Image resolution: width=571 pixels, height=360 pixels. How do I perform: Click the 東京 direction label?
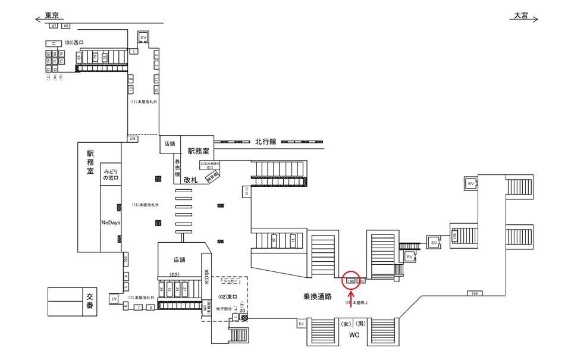(51, 17)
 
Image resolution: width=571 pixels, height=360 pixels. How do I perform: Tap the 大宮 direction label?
(520, 16)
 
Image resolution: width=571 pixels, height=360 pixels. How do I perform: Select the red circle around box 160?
(351, 280)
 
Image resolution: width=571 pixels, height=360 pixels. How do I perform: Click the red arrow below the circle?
(351, 295)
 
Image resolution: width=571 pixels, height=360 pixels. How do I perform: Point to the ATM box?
(133, 139)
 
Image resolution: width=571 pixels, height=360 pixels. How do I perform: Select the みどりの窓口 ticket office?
(111, 174)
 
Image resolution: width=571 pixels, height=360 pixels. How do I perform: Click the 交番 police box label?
(90, 302)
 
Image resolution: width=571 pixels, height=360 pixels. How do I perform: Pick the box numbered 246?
(474, 293)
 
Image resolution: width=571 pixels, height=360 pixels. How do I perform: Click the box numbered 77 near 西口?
(54, 43)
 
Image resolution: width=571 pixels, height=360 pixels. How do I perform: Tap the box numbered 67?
(54, 26)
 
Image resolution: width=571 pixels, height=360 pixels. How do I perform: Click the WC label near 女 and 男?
(354, 335)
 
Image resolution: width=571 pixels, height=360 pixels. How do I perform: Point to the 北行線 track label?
(266, 142)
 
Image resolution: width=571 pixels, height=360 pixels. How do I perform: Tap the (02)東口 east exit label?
(228, 296)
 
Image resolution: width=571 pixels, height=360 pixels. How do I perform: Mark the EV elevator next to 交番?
(114, 299)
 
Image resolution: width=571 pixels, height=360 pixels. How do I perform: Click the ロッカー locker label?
(230, 278)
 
